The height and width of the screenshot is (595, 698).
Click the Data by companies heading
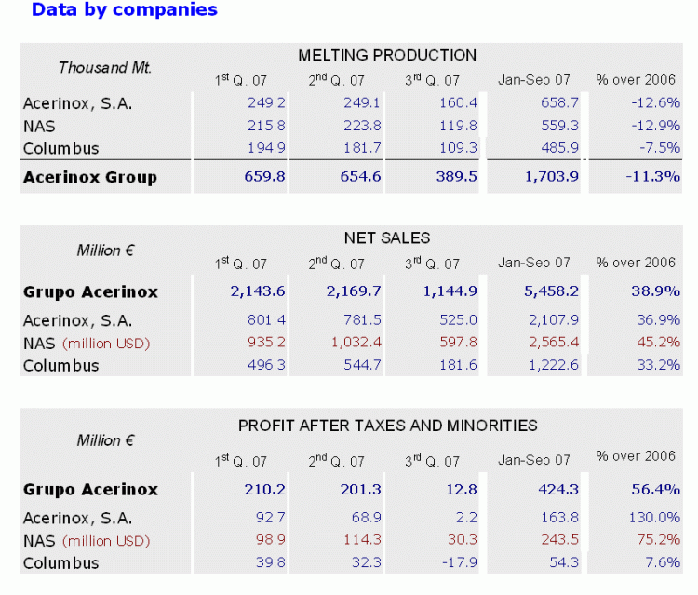pyautogui.click(x=124, y=10)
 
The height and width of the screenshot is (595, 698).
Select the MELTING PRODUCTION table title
pyautogui.click(x=387, y=55)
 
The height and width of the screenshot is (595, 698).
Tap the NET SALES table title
pyautogui.click(x=387, y=238)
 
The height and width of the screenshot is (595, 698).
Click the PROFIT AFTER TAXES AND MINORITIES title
pyautogui.click(x=387, y=426)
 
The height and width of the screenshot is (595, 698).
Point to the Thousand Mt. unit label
pyautogui.click(x=104, y=68)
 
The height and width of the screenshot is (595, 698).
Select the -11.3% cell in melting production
pyautogui.click(x=654, y=177)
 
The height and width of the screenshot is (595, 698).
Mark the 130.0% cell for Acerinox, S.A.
pyautogui.click(x=654, y=518)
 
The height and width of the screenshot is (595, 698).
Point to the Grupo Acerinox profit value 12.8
pyautogui.click(x=460, y=490)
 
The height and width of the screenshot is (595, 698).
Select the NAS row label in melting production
pyautogui.click(x=39, y=126)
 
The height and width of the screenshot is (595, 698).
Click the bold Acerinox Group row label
pyautogui.click(x=89, y=177)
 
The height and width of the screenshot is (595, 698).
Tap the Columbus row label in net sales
pyautogui.click(x=60, y=365)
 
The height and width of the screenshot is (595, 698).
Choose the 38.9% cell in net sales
pyautogui.click(x=655, y=291)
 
